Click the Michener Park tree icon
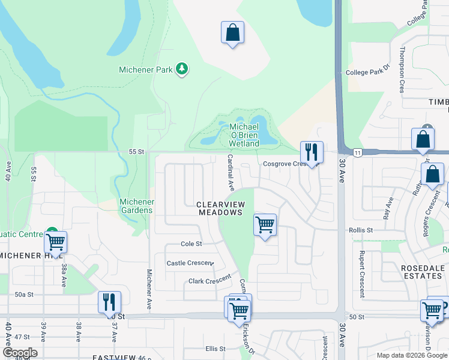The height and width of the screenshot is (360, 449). click(182, 70)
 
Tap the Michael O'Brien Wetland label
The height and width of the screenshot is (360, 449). click(244, 135)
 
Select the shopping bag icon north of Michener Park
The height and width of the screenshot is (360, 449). click(232, 33)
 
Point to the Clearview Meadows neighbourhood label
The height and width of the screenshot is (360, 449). click(220, 208)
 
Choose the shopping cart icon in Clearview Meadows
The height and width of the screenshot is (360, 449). click(265, 225)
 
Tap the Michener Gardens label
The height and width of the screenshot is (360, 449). click(137, 206)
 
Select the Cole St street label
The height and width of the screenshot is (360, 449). click(191, 244)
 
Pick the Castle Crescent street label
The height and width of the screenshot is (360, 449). click(190, 263)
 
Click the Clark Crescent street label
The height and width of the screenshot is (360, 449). click(209, 281)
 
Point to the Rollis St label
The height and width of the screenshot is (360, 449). click(361, 230)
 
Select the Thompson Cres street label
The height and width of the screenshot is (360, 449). click(402, 77)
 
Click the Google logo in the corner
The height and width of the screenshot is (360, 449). click(19, 353)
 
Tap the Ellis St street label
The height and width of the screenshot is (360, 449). click(215, 349)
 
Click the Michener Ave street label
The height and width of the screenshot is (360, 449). click(149, 289)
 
